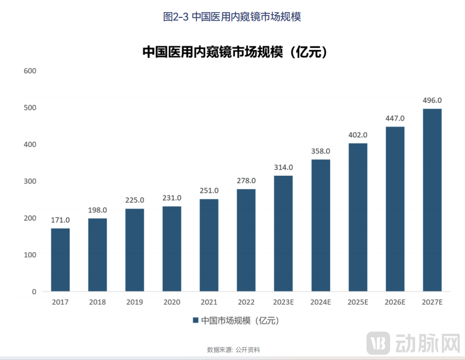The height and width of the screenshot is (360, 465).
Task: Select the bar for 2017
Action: [60, 259]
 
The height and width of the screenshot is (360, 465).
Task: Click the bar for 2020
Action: [172, 248]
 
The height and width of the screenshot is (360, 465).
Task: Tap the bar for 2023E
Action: [283, 233]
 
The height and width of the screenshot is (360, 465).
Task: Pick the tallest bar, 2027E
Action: [432, 199]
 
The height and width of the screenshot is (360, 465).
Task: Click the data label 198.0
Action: [97, 209]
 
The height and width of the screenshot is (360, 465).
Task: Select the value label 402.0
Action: [358, 135]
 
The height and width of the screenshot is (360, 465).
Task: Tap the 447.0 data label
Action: [395, 118]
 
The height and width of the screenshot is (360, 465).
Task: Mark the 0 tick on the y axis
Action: [34, 291]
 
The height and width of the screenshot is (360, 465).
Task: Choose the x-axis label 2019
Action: [134, 302]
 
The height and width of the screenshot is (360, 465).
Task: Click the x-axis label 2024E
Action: [321, 302]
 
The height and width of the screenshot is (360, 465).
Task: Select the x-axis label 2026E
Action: [395, 302]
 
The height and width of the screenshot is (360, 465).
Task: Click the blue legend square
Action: [195, 320]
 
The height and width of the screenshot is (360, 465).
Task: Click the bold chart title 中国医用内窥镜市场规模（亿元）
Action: [235, 52]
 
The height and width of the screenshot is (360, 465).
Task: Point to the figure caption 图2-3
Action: [175, 16]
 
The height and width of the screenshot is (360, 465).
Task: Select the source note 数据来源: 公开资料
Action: [233, 349]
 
